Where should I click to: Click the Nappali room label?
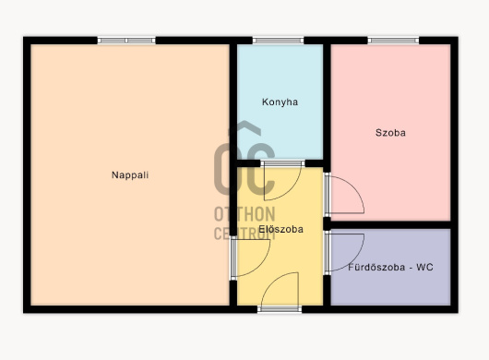(x=130, y=175)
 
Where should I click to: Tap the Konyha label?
(x=280, y=102)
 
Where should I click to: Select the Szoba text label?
(x=390, y=133)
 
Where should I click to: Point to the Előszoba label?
(x=281, y=229)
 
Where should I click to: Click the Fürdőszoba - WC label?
(x=390, y=267)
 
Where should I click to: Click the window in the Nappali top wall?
(x=126, y=41)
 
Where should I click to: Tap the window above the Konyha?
(x=278, y=41)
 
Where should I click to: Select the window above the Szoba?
(x=393, y=41)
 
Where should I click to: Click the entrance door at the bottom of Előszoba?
(x=280, y=293)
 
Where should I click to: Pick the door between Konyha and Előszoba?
(x=282, y=180)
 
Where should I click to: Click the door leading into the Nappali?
(x=250, y=258)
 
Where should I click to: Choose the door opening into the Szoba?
(x=344, y=195)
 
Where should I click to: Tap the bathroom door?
(x=344, y=253)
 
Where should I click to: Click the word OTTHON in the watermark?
(x=244, y=214)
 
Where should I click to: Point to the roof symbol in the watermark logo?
(x=244, y=128)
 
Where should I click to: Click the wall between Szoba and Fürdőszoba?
(x=390, y=225)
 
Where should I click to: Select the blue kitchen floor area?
(x=280, y=102)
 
